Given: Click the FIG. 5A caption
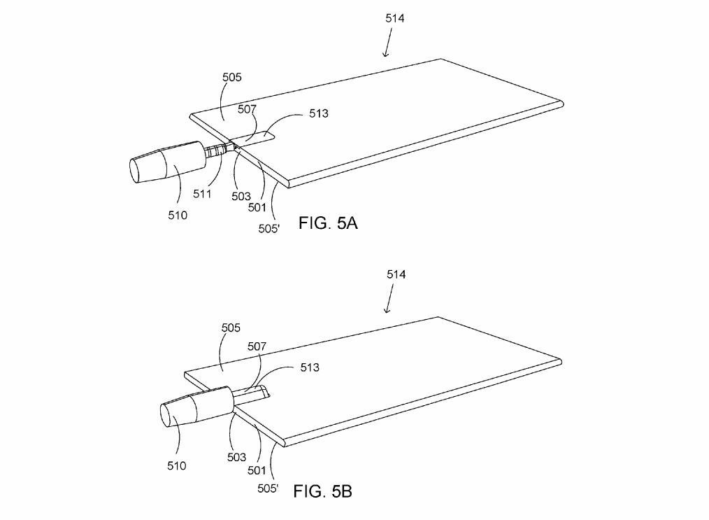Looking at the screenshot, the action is click(x=328, y=223).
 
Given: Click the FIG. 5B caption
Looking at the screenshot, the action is click(x=322, y=491).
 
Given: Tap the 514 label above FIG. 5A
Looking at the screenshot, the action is click(x=395, y=18).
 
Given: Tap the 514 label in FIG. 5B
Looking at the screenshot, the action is click(x=396, y=274).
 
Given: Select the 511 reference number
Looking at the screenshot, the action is click(x=202, y=194).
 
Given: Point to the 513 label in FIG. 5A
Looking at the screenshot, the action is click(x=319, y=113).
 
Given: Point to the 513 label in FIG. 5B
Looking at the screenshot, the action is click(x=310, y=367).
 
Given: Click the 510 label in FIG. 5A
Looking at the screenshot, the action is click(x=178, y=216).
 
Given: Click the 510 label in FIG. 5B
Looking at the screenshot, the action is click(x=176, y=465).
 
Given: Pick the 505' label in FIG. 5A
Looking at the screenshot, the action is click(x=269, y=229).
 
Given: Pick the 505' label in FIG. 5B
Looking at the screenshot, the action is click(x=268, y=489).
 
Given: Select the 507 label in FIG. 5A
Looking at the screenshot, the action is click(x=248, y=109).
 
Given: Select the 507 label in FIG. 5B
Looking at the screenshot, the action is click(x=257, y=346).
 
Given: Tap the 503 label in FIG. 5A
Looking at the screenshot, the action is click(x=241, y=197).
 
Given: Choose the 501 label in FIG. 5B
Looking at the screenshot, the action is click(x=257, y=471).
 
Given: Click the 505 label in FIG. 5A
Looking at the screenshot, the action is click(x=232, y=77).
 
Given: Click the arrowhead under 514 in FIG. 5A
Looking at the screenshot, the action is click(x=385, y=55).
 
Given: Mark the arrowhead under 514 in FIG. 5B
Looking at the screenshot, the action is click(x=387, y=310).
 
